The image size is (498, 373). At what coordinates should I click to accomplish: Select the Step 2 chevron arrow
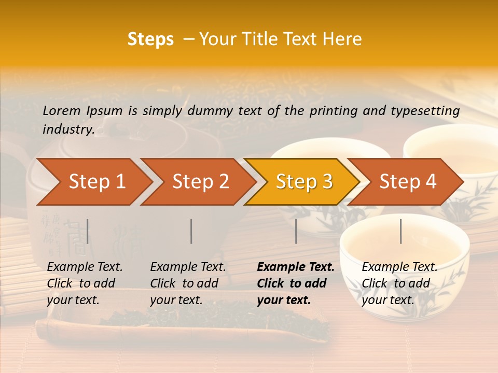coord(200,181)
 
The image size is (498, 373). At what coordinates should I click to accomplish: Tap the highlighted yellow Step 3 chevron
coord(303,181)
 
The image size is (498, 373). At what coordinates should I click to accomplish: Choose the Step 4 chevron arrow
coord(407,181)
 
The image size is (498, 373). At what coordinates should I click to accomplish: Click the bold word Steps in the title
coord(150,39)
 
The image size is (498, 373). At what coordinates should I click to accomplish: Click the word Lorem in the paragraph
coord(62,110)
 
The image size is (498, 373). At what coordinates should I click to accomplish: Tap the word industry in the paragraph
coord(68,129)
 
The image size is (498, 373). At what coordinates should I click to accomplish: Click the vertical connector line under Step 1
coord(88,231)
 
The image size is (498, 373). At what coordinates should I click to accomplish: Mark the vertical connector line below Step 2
coord(191,231)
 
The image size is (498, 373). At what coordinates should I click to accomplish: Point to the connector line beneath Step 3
coord(296,231)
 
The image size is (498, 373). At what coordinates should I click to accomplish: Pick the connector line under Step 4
coord(400,231)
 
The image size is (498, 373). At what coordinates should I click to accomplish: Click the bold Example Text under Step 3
coord(296,267)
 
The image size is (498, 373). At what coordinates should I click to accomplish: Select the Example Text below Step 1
coord(85,267)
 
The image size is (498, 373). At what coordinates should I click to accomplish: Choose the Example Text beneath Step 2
coord(188,267)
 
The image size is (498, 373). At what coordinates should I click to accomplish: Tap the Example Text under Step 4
coord(399,267)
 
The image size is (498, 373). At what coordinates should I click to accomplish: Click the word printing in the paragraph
coord(329,110)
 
